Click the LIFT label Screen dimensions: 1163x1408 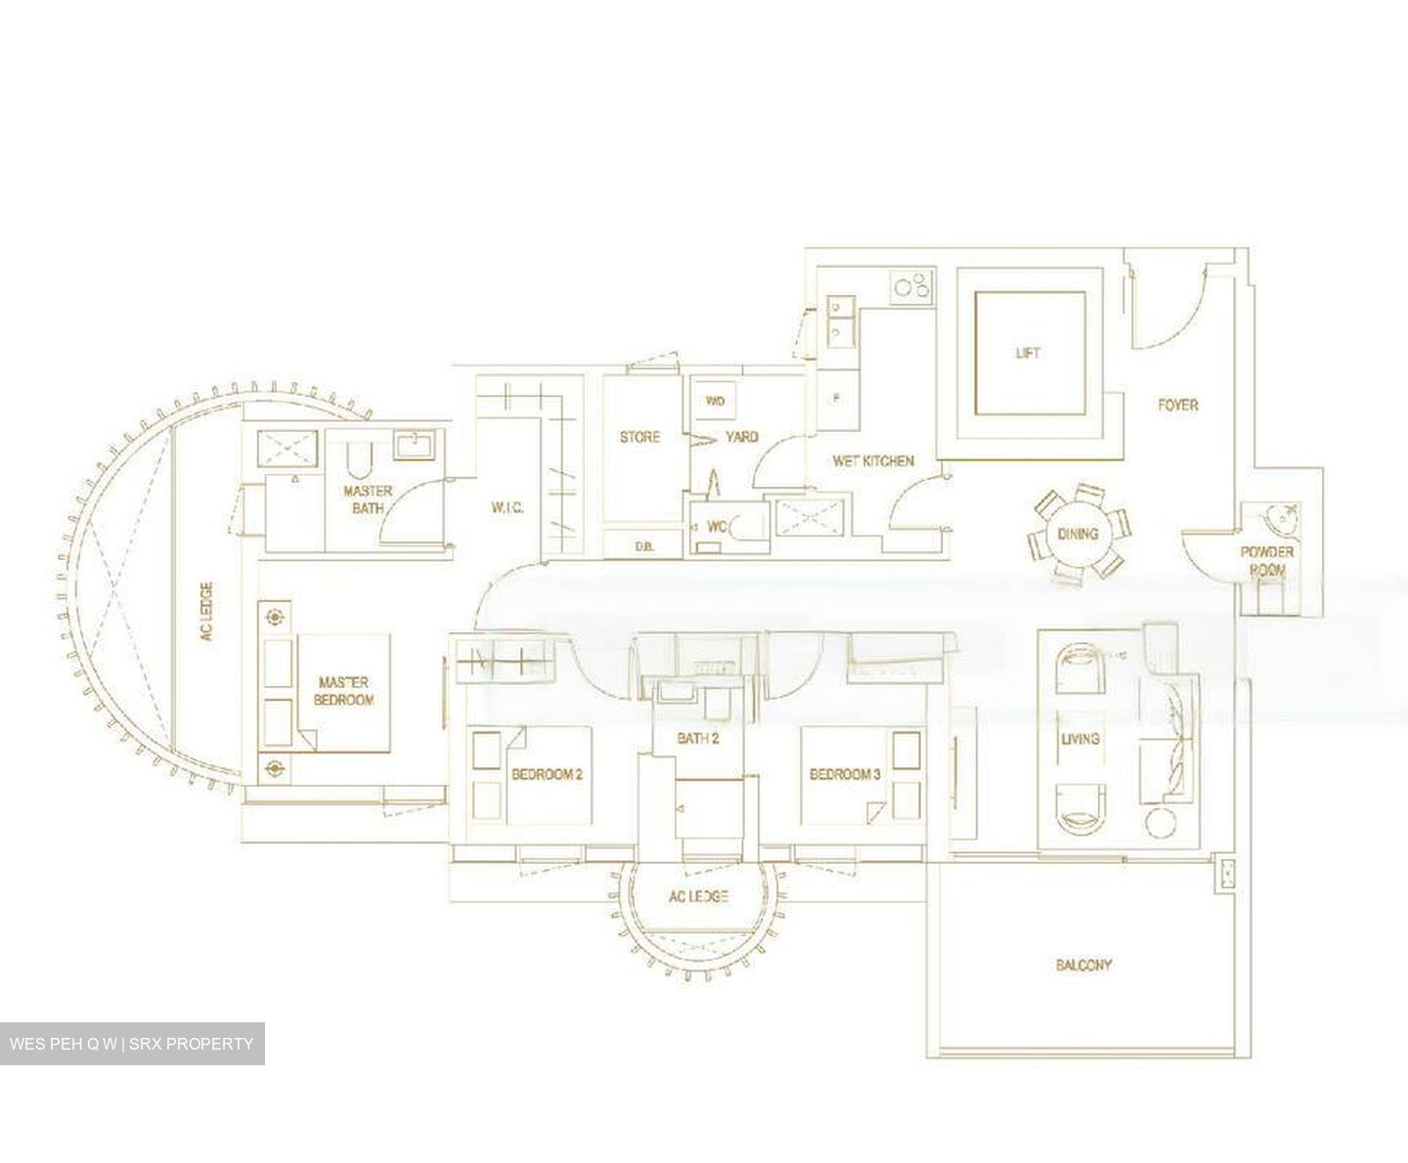pos(1028,353)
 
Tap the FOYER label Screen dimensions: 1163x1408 pos(1177,404)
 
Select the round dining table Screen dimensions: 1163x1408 pos(1078,534)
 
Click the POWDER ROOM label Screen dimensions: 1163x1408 pos(1267,560)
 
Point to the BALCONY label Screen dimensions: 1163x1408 pos(1083,965)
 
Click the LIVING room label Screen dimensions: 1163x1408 pos(1079,739)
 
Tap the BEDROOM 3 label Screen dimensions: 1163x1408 pos(846,774)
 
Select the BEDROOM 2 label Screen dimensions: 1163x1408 pos(547,774)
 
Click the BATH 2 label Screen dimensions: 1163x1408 pos(698,739)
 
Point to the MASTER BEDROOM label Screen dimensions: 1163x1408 pos(344,691)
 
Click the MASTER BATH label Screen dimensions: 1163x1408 pos(368,498)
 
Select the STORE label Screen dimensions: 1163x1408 pos(639,437)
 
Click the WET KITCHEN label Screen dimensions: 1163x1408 pos(873,460)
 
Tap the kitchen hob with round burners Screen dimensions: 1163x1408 pos(912,287)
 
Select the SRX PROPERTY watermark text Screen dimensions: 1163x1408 pos(196,1044)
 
